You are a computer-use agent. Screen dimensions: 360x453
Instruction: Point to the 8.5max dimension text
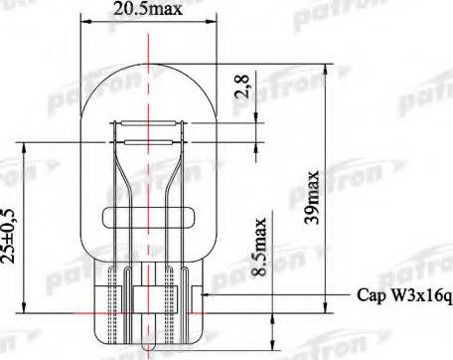(x=260, y=246)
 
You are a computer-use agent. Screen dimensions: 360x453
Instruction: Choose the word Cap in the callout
(x=368, y=295)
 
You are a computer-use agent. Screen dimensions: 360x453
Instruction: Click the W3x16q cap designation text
(x=419, y=295)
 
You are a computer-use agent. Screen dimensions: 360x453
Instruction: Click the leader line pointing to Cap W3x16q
(x=278, y=295)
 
